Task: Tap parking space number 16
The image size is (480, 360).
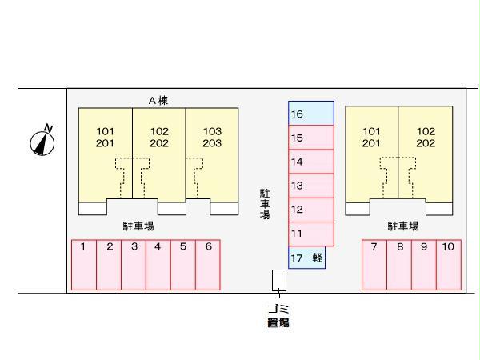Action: point(310,114)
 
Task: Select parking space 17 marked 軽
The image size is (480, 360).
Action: point(306,257)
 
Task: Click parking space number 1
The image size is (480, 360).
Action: point(84,264)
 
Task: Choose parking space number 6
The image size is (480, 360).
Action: point(208,264)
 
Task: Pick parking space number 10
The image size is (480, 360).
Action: point(449,264)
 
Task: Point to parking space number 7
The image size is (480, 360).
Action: point(374,264)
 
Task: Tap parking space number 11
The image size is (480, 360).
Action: point(310,234)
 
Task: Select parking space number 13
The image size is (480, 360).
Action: point(310,186)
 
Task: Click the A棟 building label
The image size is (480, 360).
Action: point(158,100)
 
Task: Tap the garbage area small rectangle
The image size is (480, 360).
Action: point(278,280)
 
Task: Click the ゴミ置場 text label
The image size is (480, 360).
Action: point(278,316)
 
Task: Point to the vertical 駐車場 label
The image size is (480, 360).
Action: point(265,204)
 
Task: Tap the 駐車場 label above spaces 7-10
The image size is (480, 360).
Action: point(403,226)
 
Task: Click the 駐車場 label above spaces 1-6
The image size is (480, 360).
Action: point(138,226)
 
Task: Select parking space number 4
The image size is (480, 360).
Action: point(158,264)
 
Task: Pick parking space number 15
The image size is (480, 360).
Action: point(310,138)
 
